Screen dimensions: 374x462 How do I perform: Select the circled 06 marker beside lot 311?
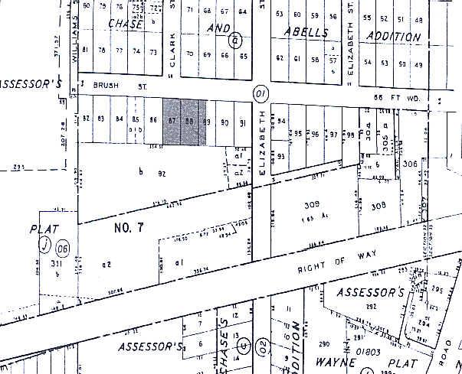(x=63, y=247)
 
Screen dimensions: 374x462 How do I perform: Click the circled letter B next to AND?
(x=237, y=39)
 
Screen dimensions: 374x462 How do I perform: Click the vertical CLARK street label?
(x=173, y=59)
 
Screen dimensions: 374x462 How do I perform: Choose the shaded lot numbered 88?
(x=189, y=120)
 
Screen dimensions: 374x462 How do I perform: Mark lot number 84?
(x=118, y=119)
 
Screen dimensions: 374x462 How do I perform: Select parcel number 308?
(x=378, y=205)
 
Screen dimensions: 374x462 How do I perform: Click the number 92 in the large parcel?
(x=162, y=173)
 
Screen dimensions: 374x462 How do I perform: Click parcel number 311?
(x=57, y=264)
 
